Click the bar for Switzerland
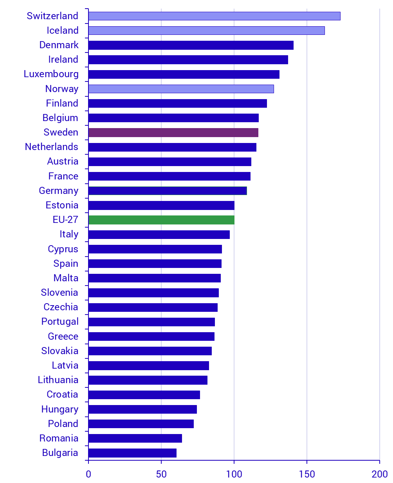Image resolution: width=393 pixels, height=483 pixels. pyautogui.click(x=214, y=16)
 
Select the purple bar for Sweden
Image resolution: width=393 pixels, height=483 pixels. pyautogui.click(x=173, y=132)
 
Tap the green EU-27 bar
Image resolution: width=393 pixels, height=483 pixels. pyautogui.click(x=161, y=220)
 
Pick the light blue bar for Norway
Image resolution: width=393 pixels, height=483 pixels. pyautogui.click(x=181, y=89)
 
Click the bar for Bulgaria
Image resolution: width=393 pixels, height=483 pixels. pyautogui.click(x=132, y=453)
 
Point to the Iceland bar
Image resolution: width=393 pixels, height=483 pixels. pyautogui.click(x=206, y=31)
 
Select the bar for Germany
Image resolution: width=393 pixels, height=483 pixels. pyautogui.click(x=168, y=191)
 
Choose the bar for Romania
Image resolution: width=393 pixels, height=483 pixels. pyautogui.click(x=135, y=438)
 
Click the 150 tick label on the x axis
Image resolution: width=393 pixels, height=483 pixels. pyautogui.click(x=306, y=474)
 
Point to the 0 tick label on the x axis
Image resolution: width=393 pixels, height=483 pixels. pyautogui.click(x=88, y=474)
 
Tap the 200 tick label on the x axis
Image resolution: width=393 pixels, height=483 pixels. pyautogui.click(x=379, y=474)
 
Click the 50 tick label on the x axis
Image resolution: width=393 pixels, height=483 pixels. pyautogui.click(x=161, y=474)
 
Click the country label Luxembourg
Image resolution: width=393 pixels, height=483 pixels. pyautogui.click(x=51, y=74)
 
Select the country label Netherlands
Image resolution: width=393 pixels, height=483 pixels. pyautogui.click(x=51, y=147)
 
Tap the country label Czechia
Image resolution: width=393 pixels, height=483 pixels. pyautogui.click(x=61, y=307)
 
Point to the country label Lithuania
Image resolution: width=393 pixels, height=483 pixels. pyautogui.click(x=58, y=380)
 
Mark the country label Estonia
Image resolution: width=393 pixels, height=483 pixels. pyautogui.click(x=62, y=205)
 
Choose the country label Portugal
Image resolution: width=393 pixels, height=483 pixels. pyautogui.click(x=60, y=322)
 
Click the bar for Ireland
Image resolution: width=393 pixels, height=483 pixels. pyautogui.click(x=188, y=60)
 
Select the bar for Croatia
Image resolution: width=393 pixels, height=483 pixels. pyautogui.click(x=144, y=394)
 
